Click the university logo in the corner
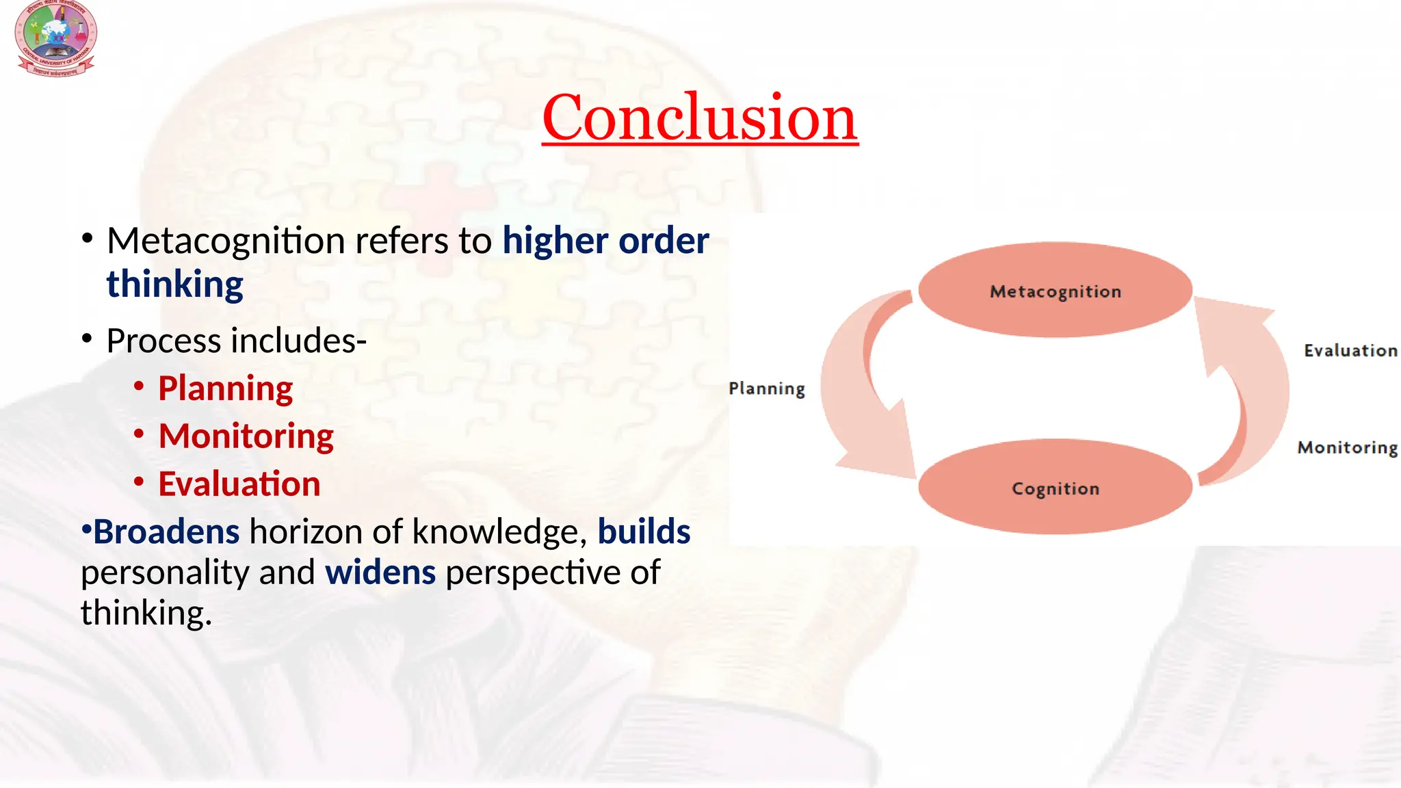point(55,38)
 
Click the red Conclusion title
point(699,118)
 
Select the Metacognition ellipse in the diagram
point(1055,290)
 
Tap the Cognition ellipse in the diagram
point(1055,487)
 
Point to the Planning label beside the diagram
point(766,389)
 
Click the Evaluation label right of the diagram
point(1350,350)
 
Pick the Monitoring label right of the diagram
point(1347,447)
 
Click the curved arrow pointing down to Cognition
point(862,404)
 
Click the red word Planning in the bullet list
point(225,389)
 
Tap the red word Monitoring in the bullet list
point(246,436)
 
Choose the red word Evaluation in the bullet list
point(239,484)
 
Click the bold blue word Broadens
point(166,532)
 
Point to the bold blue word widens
point(380,573)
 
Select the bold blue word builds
point(644,532)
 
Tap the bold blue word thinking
point(174,285)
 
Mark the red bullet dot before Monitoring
point(139,434)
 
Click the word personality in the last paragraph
point(163,573)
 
